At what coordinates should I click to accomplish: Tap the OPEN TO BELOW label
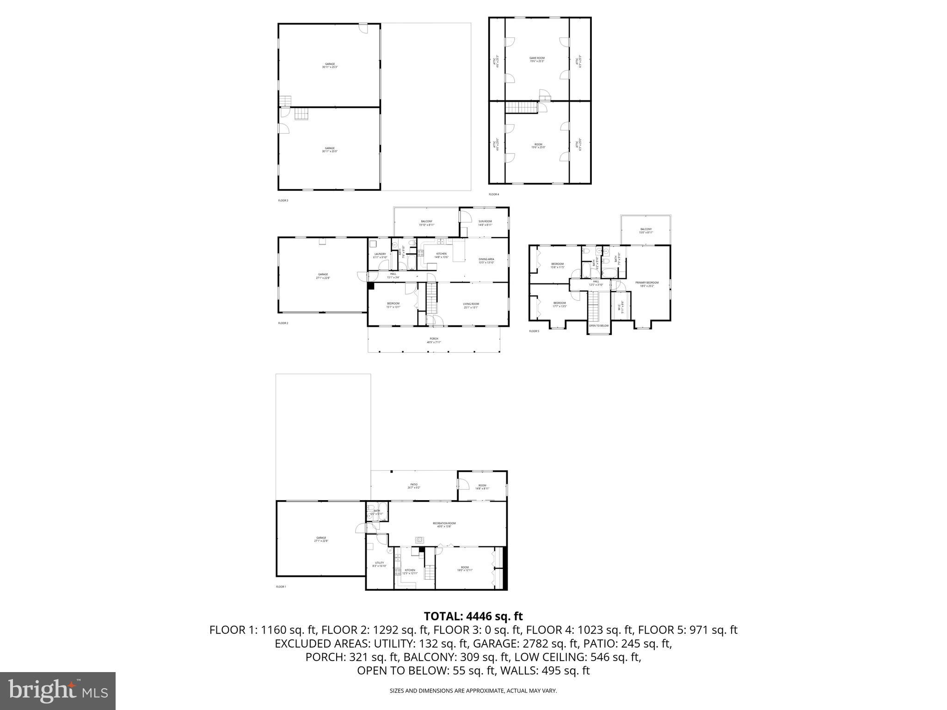point(599,325)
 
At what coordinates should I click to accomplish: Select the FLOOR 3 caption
point(283,201)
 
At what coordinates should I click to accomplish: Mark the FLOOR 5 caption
point(534,331)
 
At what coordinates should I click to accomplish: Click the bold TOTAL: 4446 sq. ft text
point(473,616)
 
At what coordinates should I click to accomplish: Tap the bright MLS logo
point(57,691)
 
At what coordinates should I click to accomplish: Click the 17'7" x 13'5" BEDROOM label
point(560,305)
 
